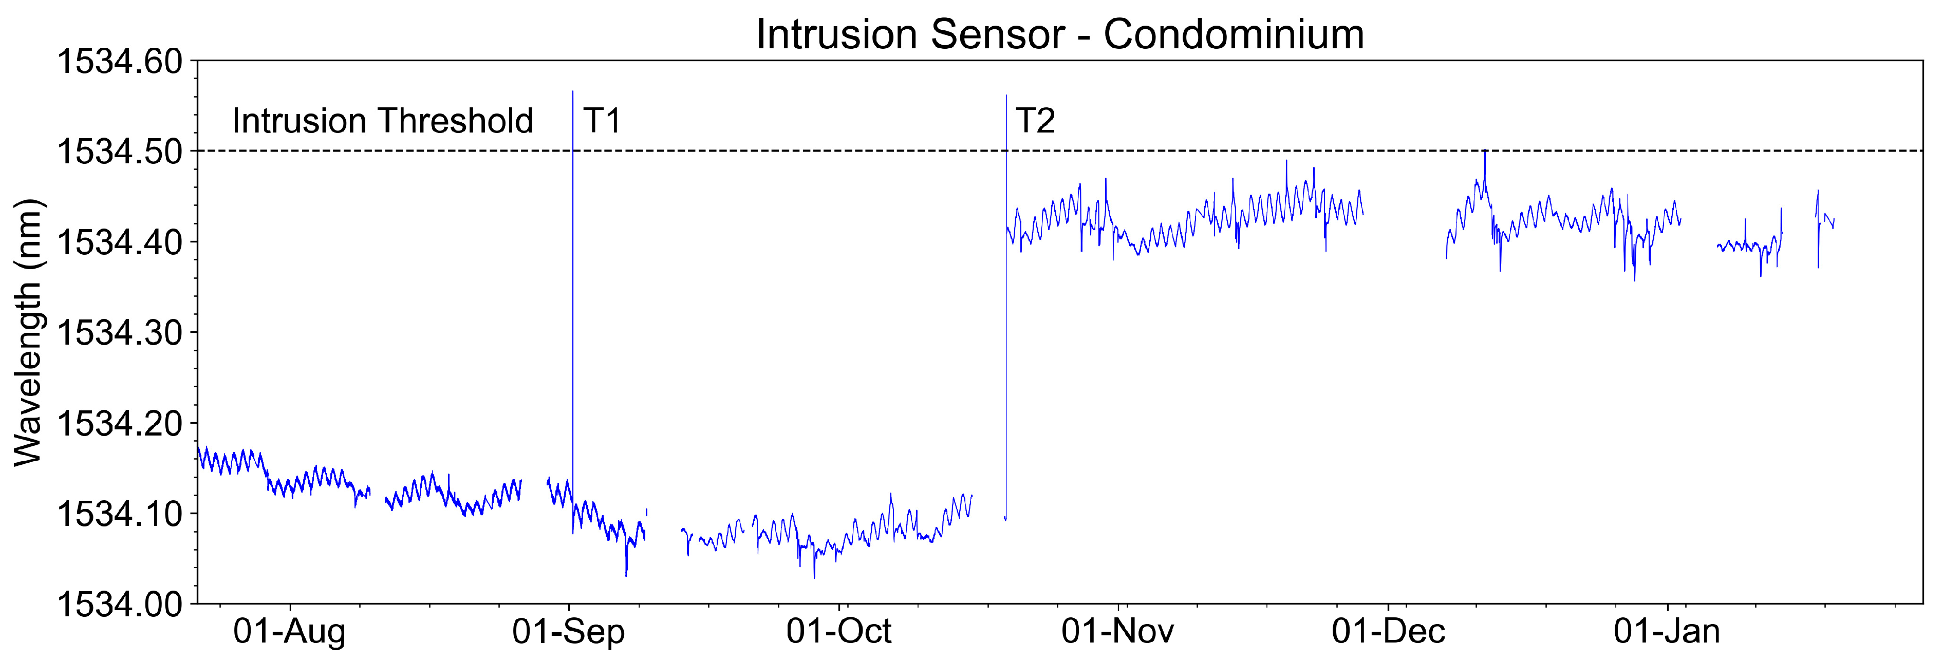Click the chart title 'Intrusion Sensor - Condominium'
tap(1059, 35)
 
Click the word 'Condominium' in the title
tap(1234, 35)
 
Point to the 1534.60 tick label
tap(120, 62)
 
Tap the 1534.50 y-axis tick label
tap(120, 152)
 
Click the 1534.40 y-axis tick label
tap(120, 243)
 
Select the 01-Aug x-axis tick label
tap(289, 632)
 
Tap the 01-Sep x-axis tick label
tap(568, 632)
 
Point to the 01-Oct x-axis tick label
tap(838, 632)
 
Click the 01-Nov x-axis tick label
tap(1117, 632)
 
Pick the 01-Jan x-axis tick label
tap(1667, 632)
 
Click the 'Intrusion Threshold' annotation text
tap(382, 121)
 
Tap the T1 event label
tap(602, 121)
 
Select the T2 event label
tap(1035, 121)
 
